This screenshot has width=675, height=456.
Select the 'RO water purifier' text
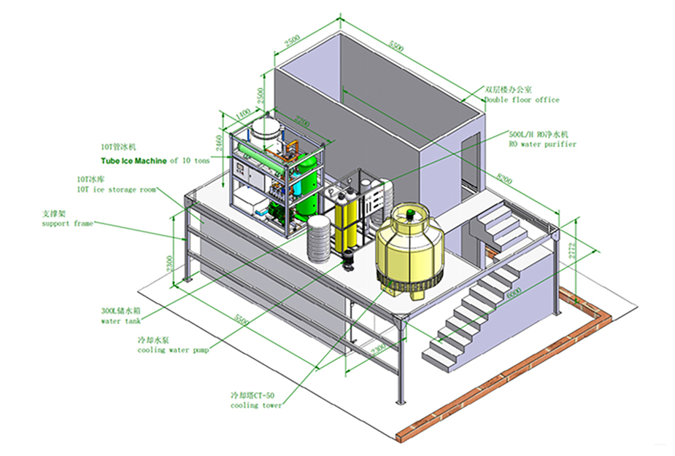pyautogui.click(x=542, y=144)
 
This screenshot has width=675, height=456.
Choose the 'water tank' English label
pyautogui.click(x=120, y=321)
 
